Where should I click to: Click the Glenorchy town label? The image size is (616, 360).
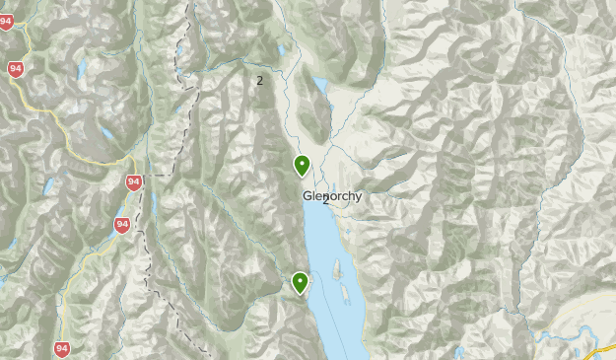332,195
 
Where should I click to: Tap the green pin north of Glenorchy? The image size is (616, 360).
302,166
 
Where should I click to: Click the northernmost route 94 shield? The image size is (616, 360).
6,22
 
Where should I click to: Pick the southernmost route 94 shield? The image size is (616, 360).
63,348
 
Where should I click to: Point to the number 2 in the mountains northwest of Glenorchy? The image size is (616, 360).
259,80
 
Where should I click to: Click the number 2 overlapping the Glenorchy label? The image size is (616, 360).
326,199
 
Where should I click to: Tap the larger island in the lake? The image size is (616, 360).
336,268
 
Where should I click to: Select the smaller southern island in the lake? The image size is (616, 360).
345,293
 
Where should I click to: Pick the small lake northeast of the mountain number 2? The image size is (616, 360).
281,49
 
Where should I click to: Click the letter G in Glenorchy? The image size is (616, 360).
308,195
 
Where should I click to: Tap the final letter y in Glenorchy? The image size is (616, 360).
358,196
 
